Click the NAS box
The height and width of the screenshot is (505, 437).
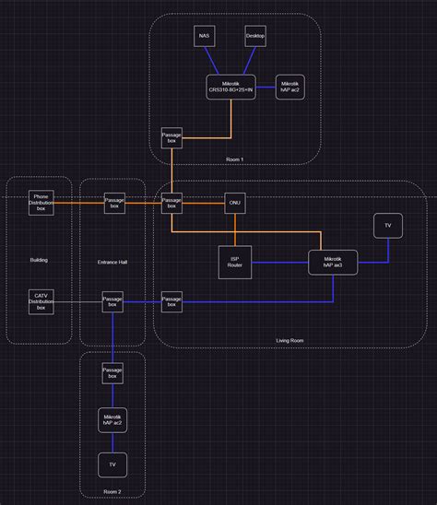(x=205, y=36)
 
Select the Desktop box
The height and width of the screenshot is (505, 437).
(x=255, y=36)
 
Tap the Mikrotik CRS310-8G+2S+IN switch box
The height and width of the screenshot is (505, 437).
(x=231, y=88)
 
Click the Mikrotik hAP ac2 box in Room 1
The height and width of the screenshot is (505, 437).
(x=290, y=88)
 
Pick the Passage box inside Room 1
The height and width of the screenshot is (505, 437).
(x=171, y=137)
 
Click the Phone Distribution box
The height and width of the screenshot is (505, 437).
(x=41, y=203)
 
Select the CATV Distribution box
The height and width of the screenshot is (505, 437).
(x=41, y=301)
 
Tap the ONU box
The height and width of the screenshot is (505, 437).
(x=235, y=203)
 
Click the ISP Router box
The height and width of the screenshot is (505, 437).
(x=235, y=262)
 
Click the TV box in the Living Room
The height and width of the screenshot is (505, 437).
(x=387, y=226)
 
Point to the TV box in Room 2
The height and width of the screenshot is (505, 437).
(x=112, y=464)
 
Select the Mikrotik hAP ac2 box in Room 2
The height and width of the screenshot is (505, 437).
(x=112, y=419)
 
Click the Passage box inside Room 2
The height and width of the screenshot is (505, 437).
(x=112, y=373)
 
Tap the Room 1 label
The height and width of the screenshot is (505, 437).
(x=235, y=160)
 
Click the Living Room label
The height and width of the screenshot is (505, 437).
(x=289, y=341)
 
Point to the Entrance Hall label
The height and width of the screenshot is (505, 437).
(x=112, y=263)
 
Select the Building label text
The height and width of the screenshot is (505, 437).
(x=39, y=260)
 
